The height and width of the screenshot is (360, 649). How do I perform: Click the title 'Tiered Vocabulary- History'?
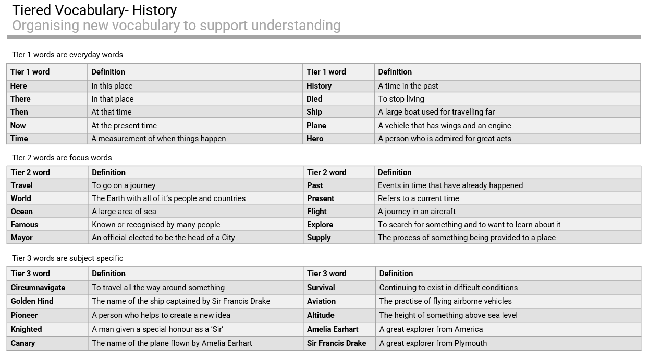click(x=94, y=10)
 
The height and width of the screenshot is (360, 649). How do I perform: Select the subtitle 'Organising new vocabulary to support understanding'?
click(x=176, y=26)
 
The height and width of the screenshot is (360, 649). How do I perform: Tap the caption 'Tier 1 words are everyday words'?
click(x=67, y=55)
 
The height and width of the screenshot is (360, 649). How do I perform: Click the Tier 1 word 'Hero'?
click(x=315, y=139)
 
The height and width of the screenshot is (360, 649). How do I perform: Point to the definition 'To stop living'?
click(x=401, y=99)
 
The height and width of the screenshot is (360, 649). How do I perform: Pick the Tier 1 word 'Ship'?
click(x=314, y=112)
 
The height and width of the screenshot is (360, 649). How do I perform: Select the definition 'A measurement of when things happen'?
click(x=158, y=139)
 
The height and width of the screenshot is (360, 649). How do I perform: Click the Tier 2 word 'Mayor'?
click(x=22, y=238)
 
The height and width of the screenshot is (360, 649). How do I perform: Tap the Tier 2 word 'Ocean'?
click(x=22, y=212)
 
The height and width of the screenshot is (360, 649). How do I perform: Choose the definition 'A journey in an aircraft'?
click(x=417, y=212)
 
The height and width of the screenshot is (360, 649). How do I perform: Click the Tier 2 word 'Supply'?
click(x=319, y=238)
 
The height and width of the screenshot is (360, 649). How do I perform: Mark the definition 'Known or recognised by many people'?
click(x=156, y=225)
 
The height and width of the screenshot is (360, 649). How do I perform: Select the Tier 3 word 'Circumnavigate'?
click(x=38, y=288)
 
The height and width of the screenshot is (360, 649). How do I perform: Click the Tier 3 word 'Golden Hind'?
click(x=32, y=301)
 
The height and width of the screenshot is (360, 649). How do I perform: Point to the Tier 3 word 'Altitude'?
click(x=321, y=315)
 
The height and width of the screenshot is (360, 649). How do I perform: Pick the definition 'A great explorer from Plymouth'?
click(x=433, y=343)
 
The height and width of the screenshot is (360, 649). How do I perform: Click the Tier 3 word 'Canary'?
click(x=23, y=343)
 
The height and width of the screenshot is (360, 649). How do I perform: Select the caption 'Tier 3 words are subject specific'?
click(x=67, y=258)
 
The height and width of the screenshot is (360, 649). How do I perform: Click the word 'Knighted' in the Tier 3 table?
click(x=26, y=329)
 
